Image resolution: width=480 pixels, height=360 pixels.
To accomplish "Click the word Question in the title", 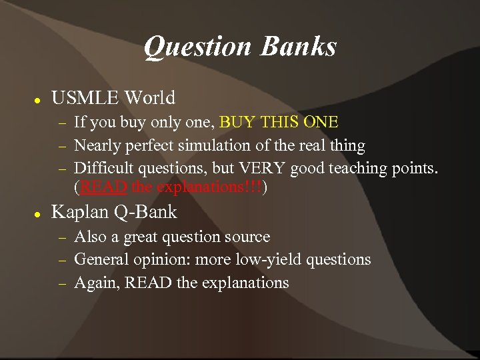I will coord(198,47).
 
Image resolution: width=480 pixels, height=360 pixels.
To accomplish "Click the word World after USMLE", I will coord(148,99).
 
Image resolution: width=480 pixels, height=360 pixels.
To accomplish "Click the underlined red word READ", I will coord(104,187).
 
